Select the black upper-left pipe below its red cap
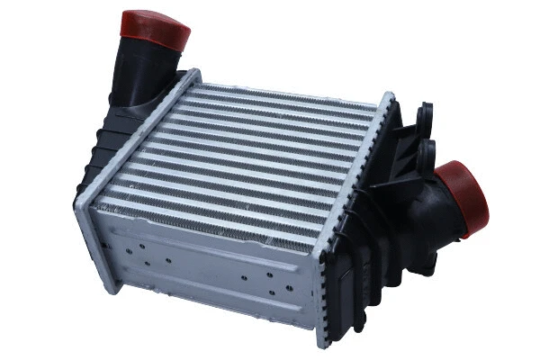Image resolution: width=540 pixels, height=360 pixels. coord(139,72)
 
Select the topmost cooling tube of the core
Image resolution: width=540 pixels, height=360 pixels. coord(288,94)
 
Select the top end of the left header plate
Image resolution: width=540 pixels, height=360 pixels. coord(191,75)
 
